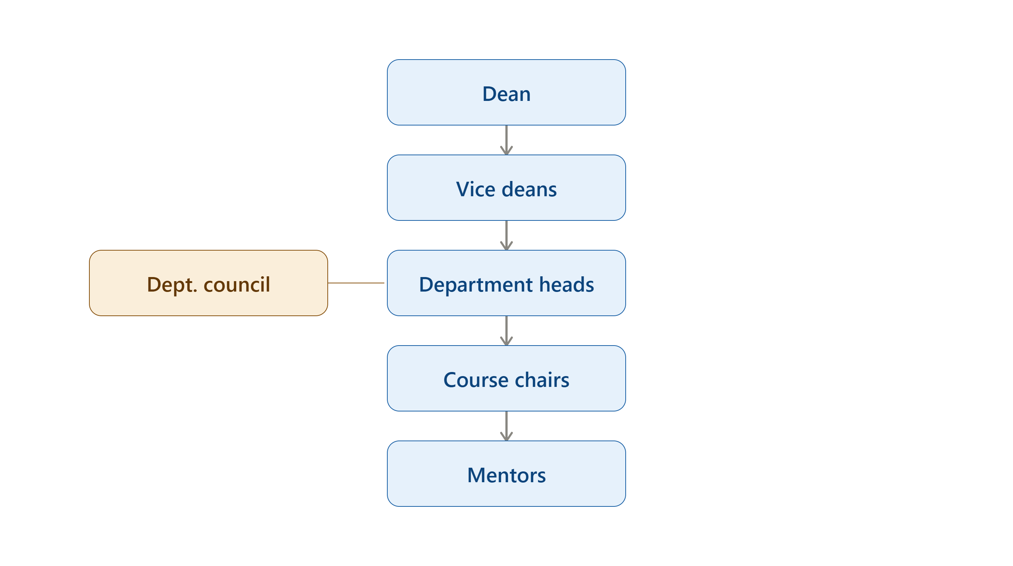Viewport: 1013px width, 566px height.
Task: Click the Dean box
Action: click(506, 92)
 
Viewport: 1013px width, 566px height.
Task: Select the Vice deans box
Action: click(506, 188)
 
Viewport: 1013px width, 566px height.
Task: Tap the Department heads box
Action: click(506, 283)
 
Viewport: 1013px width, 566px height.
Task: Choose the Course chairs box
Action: click(506, 378)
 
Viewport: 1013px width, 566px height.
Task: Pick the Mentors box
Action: click(506, 474)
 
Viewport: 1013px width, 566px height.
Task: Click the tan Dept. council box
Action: click(209, 283)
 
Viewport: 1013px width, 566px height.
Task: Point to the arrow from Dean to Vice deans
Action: click(506, 140)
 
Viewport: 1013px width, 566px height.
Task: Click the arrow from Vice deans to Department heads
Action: click(506, 235)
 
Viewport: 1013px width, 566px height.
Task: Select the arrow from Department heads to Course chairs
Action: click(506, 331)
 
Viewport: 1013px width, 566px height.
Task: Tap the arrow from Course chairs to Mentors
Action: click(506, 426)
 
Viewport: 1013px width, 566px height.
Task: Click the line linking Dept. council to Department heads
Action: click(356, 283)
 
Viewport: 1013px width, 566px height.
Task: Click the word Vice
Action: click(476, 189)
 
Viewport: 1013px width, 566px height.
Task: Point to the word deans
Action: click(529, 189)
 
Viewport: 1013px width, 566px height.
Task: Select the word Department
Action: click(476, 284)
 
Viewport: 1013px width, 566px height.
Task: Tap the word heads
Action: click(567, 284)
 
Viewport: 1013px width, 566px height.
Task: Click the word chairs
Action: click(542, 380)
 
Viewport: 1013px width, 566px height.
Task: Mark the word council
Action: click(237, 284)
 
